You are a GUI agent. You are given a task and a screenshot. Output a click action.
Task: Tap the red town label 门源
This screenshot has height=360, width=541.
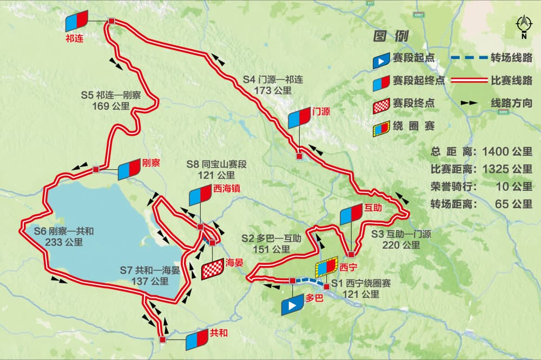[x=321, y=112]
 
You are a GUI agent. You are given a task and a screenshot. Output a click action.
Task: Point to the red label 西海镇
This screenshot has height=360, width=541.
[x=227, y=189]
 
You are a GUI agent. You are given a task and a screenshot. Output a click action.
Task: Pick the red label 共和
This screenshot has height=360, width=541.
[x=219, y=333]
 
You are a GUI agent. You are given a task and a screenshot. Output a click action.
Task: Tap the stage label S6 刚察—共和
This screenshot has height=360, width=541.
[x=64, y=231]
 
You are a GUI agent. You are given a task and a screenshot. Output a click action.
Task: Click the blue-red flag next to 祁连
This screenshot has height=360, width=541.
[x=77, y=20]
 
